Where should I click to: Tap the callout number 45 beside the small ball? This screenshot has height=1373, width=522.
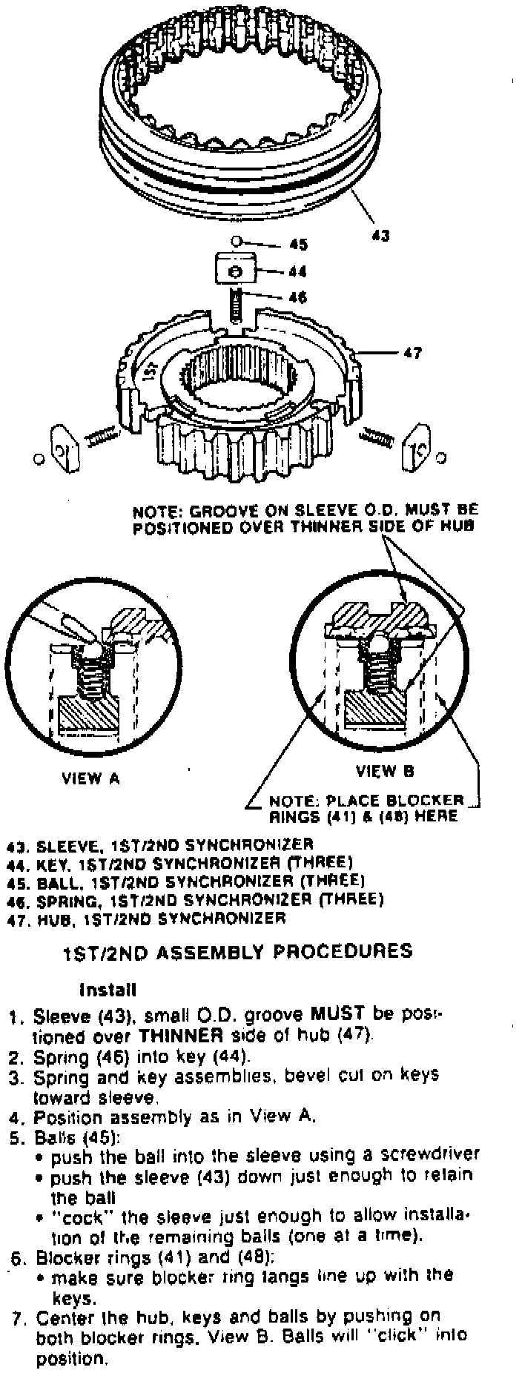298,245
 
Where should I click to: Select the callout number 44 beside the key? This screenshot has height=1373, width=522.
298,271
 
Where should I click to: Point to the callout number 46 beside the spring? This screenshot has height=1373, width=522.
297,297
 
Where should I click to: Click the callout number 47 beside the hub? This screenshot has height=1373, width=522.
412,353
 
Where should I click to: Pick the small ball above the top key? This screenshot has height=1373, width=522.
235,241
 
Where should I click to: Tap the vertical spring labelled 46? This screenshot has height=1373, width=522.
236,304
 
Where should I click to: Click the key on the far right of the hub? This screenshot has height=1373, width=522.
413,448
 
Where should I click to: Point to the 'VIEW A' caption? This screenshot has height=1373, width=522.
90,778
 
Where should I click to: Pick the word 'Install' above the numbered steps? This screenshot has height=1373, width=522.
108,989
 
